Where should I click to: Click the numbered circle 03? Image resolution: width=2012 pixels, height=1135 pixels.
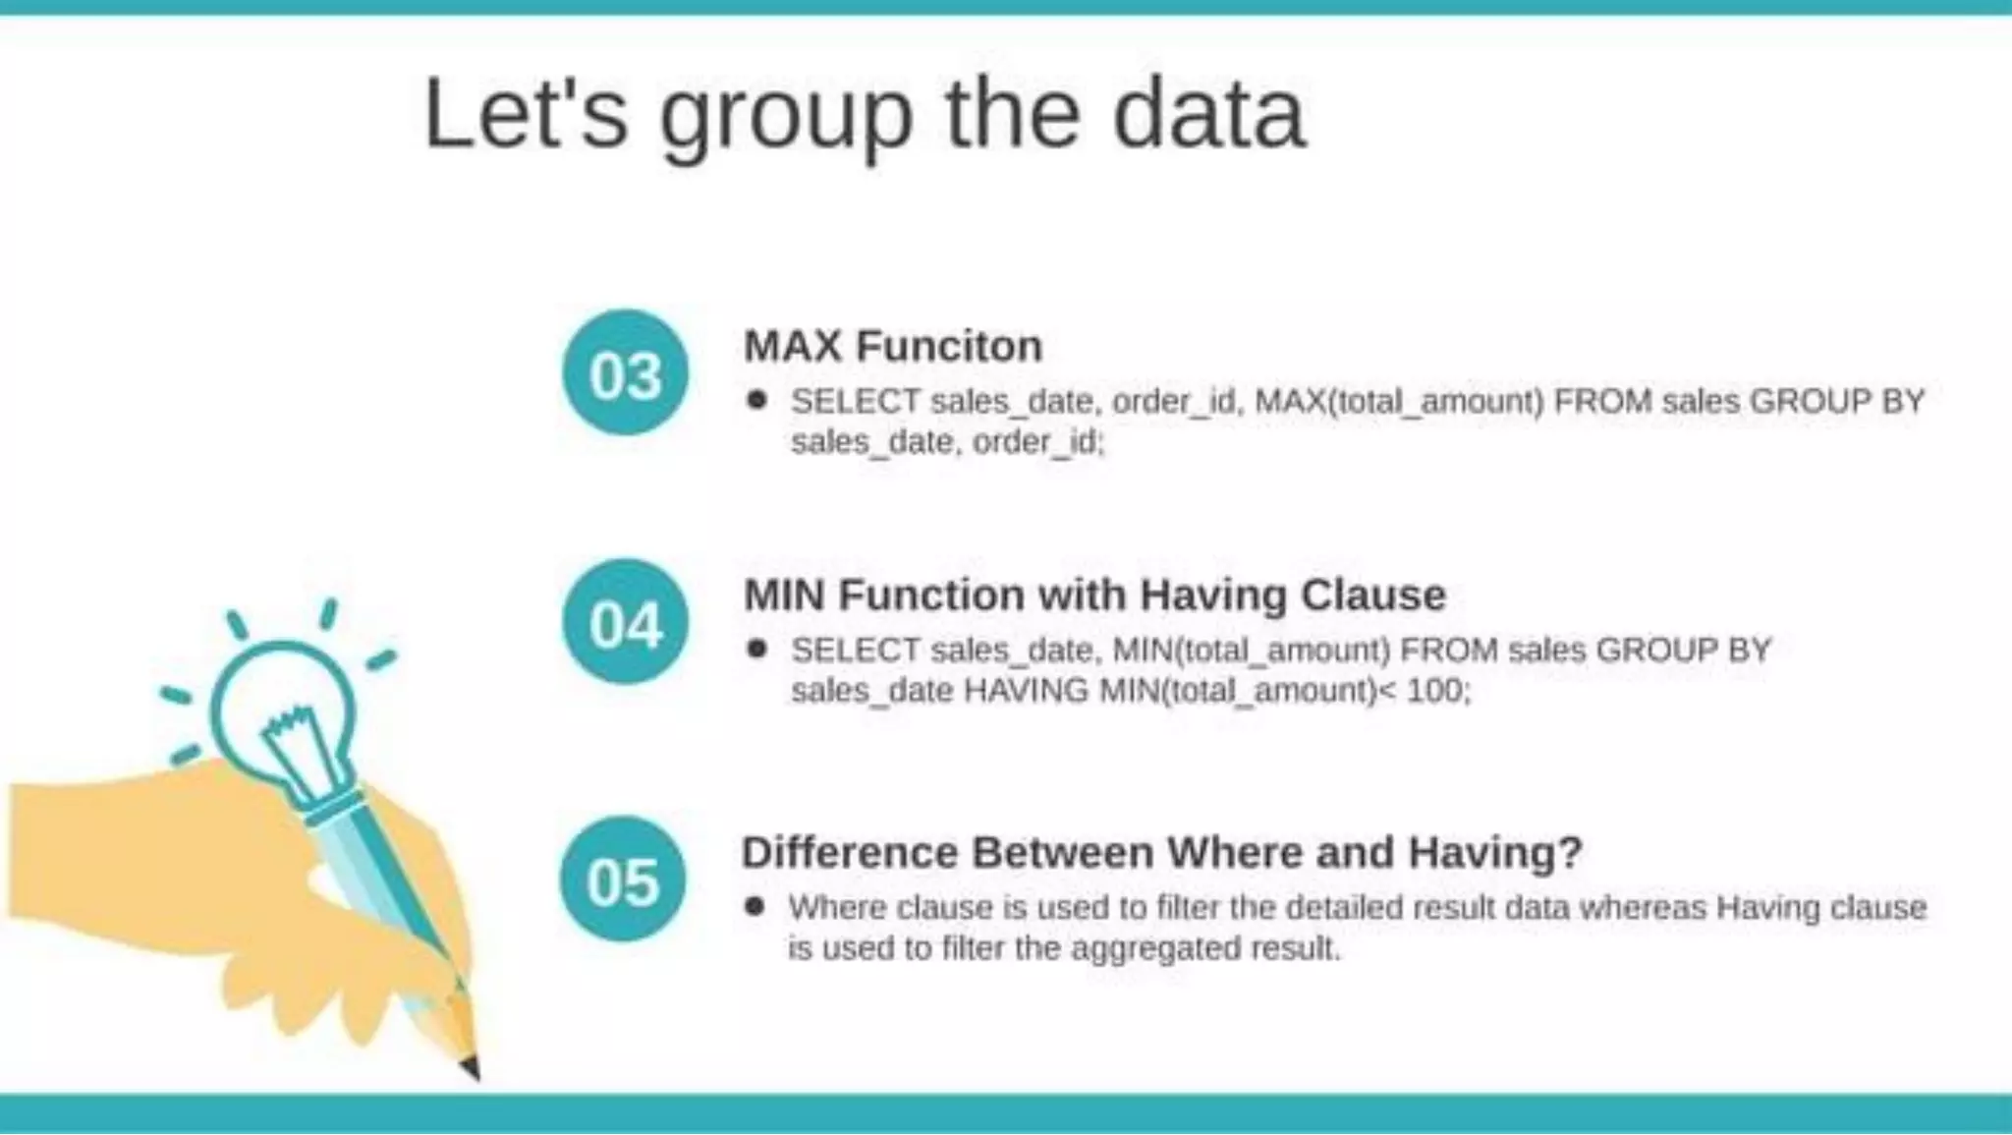click(x=626, y=373)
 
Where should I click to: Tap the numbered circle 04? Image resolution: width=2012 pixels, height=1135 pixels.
click(x=626, y=622)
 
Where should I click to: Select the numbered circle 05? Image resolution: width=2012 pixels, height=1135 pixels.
click(x=623, y=880)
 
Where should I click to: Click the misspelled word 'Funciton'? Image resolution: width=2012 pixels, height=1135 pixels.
click(x=948, y=346)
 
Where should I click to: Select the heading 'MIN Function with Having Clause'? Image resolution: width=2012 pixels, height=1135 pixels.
click(x=1094, y=595)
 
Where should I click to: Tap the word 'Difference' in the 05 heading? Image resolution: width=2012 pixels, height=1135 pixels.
click(x=849, y=852)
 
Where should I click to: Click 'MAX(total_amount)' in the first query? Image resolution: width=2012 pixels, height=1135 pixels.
click(x=1399, y=401)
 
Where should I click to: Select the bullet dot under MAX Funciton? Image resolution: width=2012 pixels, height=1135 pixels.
click(x=756, y=400)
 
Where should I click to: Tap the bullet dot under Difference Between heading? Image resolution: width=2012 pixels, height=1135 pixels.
click(x=754, y=906)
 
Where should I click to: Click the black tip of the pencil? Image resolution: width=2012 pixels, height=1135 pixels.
click(x=471, y=1067)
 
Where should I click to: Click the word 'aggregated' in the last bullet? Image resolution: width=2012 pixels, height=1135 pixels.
click(x=1154, y=948)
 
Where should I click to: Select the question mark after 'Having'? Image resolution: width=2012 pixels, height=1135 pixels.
click(x=1569, y=852)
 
